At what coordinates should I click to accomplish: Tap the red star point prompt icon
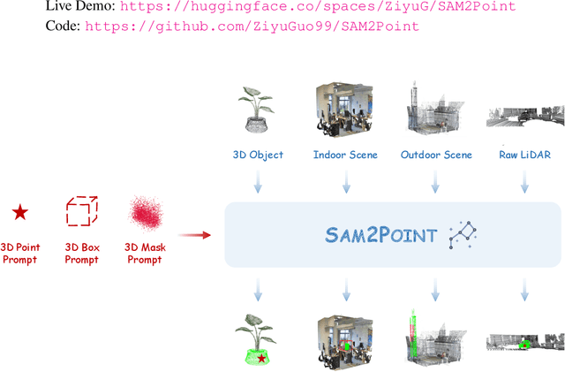(x=19, y=212)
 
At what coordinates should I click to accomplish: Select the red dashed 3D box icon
(x=82, y=212)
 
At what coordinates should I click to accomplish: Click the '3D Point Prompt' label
(x=19, y=254)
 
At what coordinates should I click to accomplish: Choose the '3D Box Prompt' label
(x=82, y=254)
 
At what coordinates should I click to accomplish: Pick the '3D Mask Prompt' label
(x=145, y=254)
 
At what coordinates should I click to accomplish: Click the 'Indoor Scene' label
(x=345, y=155)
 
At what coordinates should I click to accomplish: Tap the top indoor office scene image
(x=344, y=111)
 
